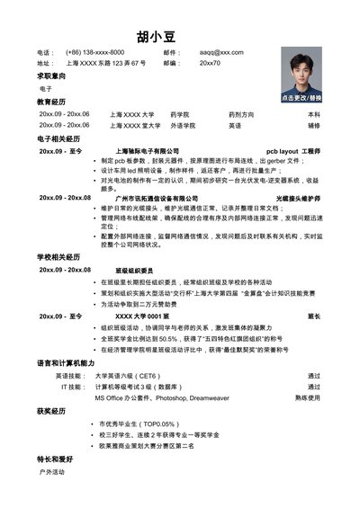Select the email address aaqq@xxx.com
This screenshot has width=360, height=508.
221,53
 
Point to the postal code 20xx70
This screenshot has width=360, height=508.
210,64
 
